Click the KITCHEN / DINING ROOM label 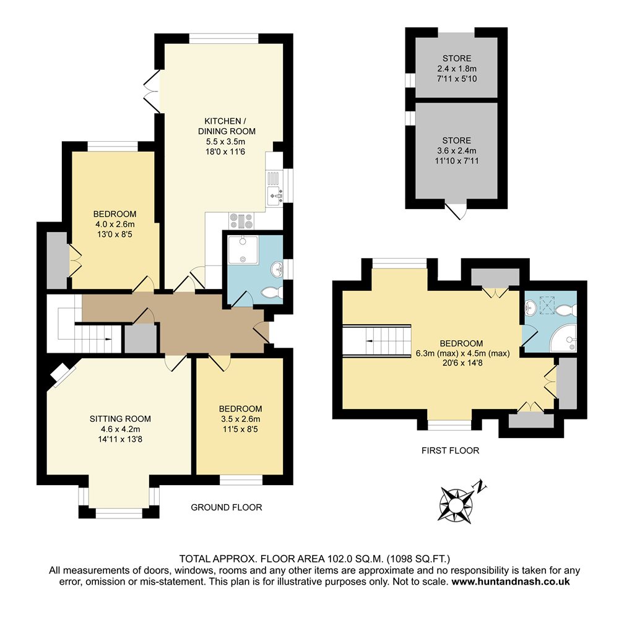(227, 126)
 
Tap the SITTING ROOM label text (120, 419)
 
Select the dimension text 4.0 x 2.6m (115, 224)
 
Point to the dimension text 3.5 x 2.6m (240, 419)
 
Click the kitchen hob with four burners (241, 221)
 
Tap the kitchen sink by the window (275, 196)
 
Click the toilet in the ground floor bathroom (272, 293)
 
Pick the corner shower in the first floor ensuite (563, 338)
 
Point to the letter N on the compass (480, 486)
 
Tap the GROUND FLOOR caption (227, 507)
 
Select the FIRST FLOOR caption (451, 450)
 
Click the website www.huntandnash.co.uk (511, 582)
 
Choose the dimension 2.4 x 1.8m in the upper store (457, 69)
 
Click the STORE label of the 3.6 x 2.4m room (457, 140)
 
